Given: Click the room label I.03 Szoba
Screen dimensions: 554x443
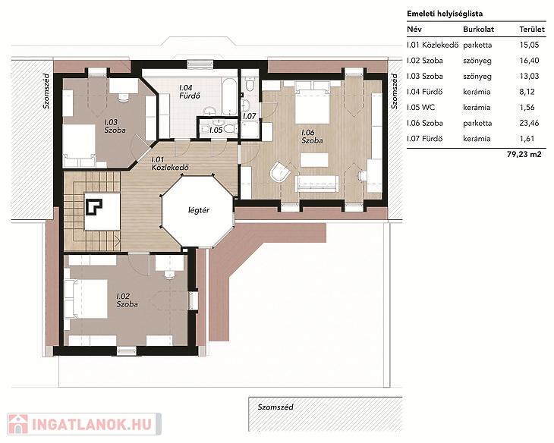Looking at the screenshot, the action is [115, 126].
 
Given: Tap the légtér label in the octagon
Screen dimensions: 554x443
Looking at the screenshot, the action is [199, 210].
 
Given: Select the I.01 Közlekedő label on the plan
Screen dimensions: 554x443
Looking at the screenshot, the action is [169, 164].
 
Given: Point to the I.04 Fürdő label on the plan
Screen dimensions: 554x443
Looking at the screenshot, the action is [190, 92].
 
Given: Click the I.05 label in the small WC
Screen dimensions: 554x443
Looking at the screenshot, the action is [216, 130].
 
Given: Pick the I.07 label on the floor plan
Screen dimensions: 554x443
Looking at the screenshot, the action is [249, 116].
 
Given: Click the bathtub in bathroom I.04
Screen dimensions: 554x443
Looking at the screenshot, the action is [229, 96].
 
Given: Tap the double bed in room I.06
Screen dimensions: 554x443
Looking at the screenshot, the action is [313, 102].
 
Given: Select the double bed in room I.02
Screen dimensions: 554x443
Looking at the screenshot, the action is [87, 299].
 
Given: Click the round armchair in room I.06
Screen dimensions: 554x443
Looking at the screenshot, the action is [280, 172].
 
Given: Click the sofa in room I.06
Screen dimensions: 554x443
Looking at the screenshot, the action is [316, 184].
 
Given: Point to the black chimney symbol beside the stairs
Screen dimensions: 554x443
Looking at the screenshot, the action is [94, 207].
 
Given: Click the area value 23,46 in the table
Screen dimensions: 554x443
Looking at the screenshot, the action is [529, 123].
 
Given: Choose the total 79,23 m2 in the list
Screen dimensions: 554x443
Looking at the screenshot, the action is [524, 155].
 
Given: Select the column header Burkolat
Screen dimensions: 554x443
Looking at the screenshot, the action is [478, 30].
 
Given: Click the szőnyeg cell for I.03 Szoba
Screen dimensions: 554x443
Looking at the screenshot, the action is [477, 77].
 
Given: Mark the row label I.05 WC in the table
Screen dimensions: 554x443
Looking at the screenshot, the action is [420, 108].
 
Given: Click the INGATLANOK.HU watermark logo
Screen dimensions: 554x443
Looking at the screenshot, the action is [84, 424].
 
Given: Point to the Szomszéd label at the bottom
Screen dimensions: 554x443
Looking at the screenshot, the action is [275, 407].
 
